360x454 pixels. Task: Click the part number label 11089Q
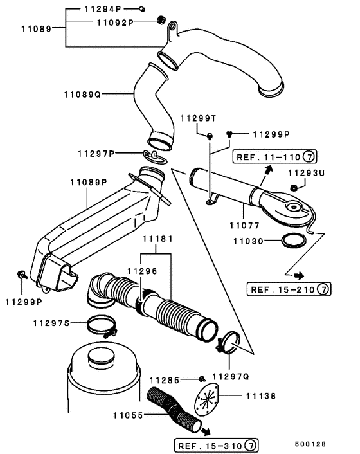coord(82,95)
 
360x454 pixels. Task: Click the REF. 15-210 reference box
coord(288,289)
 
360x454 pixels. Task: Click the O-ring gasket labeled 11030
coord(294,242)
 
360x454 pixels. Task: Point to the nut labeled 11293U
coord(294,188)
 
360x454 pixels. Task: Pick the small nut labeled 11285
coord(202,377)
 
